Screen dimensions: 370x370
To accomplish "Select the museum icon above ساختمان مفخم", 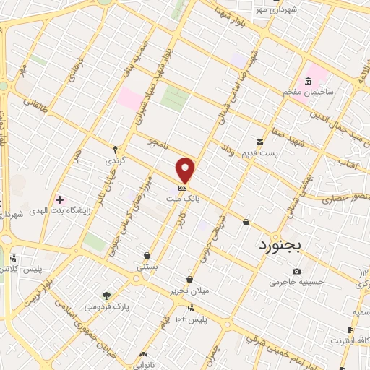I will pos(309,80).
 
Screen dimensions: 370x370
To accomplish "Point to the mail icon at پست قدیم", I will pos(260,142).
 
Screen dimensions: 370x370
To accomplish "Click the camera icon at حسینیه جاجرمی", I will pos(297,271).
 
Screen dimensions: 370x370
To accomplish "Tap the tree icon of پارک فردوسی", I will pos(107,295).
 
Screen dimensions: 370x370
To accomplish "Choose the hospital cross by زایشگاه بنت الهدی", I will pos(59,199).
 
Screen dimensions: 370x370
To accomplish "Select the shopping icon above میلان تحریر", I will pos(189,279).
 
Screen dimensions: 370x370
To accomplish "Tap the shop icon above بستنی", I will pos(147,255).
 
